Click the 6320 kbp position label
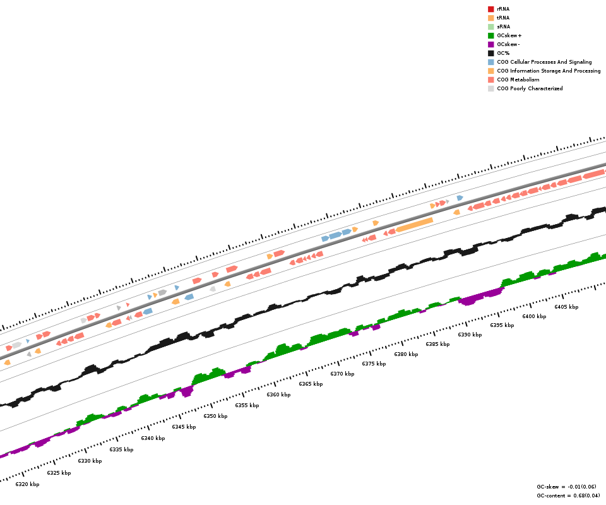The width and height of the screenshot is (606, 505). click(x=27, y=484)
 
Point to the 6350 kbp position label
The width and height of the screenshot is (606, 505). click(x=215, y=416)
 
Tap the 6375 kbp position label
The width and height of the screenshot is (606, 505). click(x=374, y=364)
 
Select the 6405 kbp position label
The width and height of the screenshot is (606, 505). click(x=566, y=307)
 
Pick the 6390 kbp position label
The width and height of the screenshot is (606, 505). click(x=470, y=335)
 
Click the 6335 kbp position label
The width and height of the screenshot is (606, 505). click(x=121, y=449)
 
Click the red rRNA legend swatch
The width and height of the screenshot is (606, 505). click(x=490, y=9)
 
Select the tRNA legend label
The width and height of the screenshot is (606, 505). click(x=503, y=18)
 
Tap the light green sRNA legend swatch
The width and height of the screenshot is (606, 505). click(x=490, y=27)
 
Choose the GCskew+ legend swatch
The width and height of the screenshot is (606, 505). click(x=490, y=35)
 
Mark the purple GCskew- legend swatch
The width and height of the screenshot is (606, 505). click(x=490, y=44)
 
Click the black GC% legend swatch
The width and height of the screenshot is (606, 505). click(x=490, y=53)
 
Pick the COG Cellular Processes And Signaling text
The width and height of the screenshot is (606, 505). click(x=544, y=62)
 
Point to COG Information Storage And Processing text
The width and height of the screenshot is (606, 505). click(x=549, y=71)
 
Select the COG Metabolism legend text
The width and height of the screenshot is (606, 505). click(x=518, y=80)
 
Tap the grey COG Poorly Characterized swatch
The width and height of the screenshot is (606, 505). click(x=490, y=88)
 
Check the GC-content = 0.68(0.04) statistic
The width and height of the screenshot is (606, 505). click(x=568, y=496)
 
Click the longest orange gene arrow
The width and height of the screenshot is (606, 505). click(x=415, y=225)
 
